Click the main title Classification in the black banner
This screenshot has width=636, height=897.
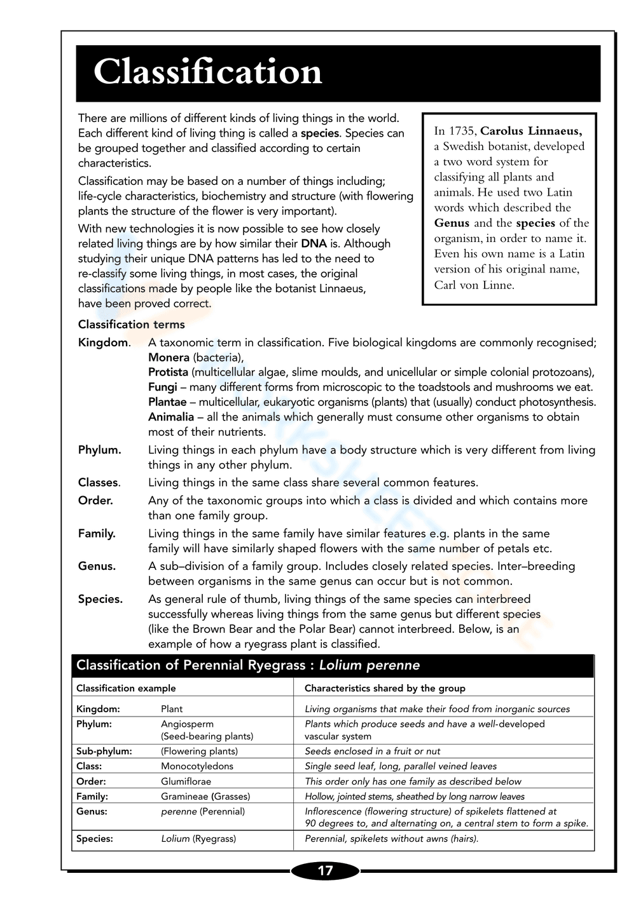(207, 72)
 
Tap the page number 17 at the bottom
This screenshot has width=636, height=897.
(325, 870)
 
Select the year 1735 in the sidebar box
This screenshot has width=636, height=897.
(462, 132)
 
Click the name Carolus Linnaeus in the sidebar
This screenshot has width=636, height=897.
(530, 132)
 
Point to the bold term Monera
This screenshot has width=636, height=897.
(169, 358)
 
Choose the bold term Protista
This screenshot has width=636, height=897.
(168, 372)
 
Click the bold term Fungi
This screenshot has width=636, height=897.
(162, 387)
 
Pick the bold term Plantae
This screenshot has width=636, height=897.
(167, 402)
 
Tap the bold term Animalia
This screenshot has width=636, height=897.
(170, 417)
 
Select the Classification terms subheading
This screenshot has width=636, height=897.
(131, 325)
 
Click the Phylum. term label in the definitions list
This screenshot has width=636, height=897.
(99, 450)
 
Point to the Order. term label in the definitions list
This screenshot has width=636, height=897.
(95, 501)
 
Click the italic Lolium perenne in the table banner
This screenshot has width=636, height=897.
(369, 665)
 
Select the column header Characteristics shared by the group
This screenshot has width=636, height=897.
(385, 688)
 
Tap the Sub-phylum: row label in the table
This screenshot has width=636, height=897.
(104, 751)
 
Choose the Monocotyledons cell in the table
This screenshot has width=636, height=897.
(197, 766)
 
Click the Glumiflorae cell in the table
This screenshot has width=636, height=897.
(186, 781)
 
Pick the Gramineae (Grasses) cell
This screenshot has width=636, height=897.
(205, 796)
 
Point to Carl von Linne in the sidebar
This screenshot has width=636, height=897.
(474, 285)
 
